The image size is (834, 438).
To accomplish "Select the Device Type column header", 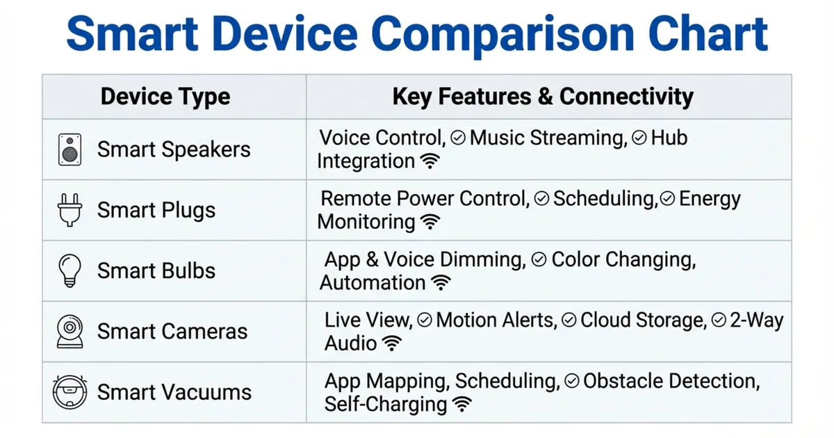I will click(165, 96).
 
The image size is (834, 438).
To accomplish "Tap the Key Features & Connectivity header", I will click(543, 96).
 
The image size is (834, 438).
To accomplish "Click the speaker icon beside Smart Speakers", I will click(69, 149).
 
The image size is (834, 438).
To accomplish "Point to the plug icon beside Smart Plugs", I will click(69, 210).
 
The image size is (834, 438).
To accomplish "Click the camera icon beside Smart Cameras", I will click(69, 332).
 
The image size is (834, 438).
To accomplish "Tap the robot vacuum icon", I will click(69, 392).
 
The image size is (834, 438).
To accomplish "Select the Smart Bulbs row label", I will click(156, 270).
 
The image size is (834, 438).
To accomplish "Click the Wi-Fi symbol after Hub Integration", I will click(431, 162).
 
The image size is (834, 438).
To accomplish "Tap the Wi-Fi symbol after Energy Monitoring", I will click(431, 222).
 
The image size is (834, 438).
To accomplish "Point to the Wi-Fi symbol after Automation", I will click(441, 283).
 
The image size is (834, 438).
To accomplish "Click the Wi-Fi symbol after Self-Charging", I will click(462, 405).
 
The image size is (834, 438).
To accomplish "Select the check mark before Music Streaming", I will click(457, 138).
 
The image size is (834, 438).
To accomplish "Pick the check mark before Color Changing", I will click(539, 260).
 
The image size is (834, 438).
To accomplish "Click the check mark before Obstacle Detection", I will click(572, 381).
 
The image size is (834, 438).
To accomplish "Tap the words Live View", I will click(368, 321).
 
